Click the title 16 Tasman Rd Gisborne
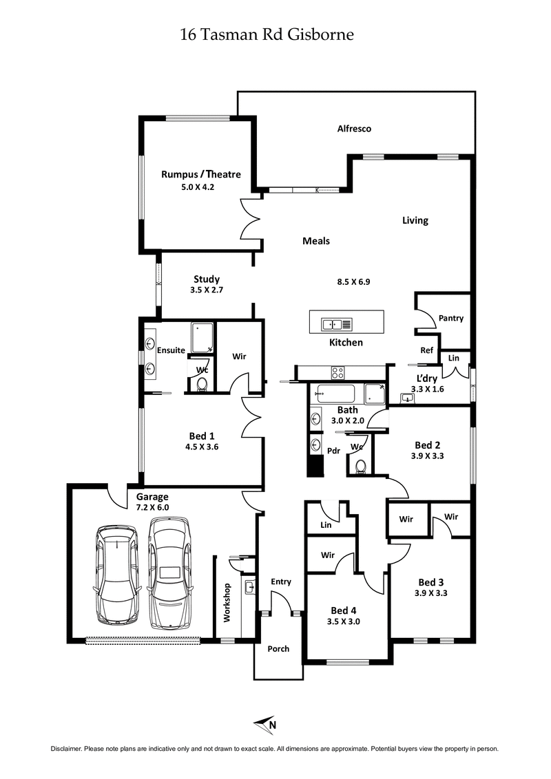coord(267,34)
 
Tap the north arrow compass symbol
coord(266,723)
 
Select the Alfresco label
coord(354,129)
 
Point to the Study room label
coord(206,279)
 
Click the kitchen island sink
coord(337,323)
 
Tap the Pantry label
coord(450,318)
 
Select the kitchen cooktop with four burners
coord(338,373)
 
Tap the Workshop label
coord(225,602)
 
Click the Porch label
coord(278,648)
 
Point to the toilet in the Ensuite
coord(202,385)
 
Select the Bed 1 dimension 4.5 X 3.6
coord(202,447)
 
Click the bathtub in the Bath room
coord(335,394)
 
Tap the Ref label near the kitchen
coord(426,350)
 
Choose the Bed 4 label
coord(344,610)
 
